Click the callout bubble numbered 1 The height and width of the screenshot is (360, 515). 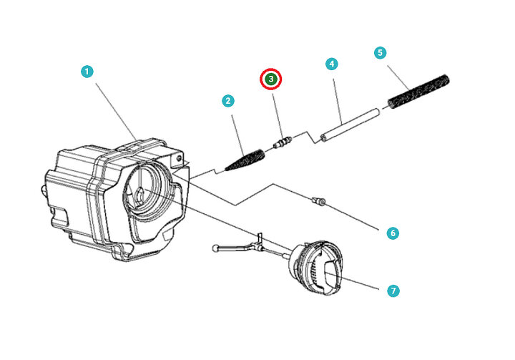point(87,72)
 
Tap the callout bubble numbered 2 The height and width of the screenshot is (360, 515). point(227,101)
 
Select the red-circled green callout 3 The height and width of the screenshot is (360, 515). point(272,79)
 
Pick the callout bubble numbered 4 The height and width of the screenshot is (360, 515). point(331,64)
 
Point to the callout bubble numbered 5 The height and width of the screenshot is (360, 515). point(380,52)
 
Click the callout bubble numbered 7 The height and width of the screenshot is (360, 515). point(392,291)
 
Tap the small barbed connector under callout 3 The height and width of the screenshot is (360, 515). point(282,144)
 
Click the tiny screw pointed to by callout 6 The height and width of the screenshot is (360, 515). point(319,202)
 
